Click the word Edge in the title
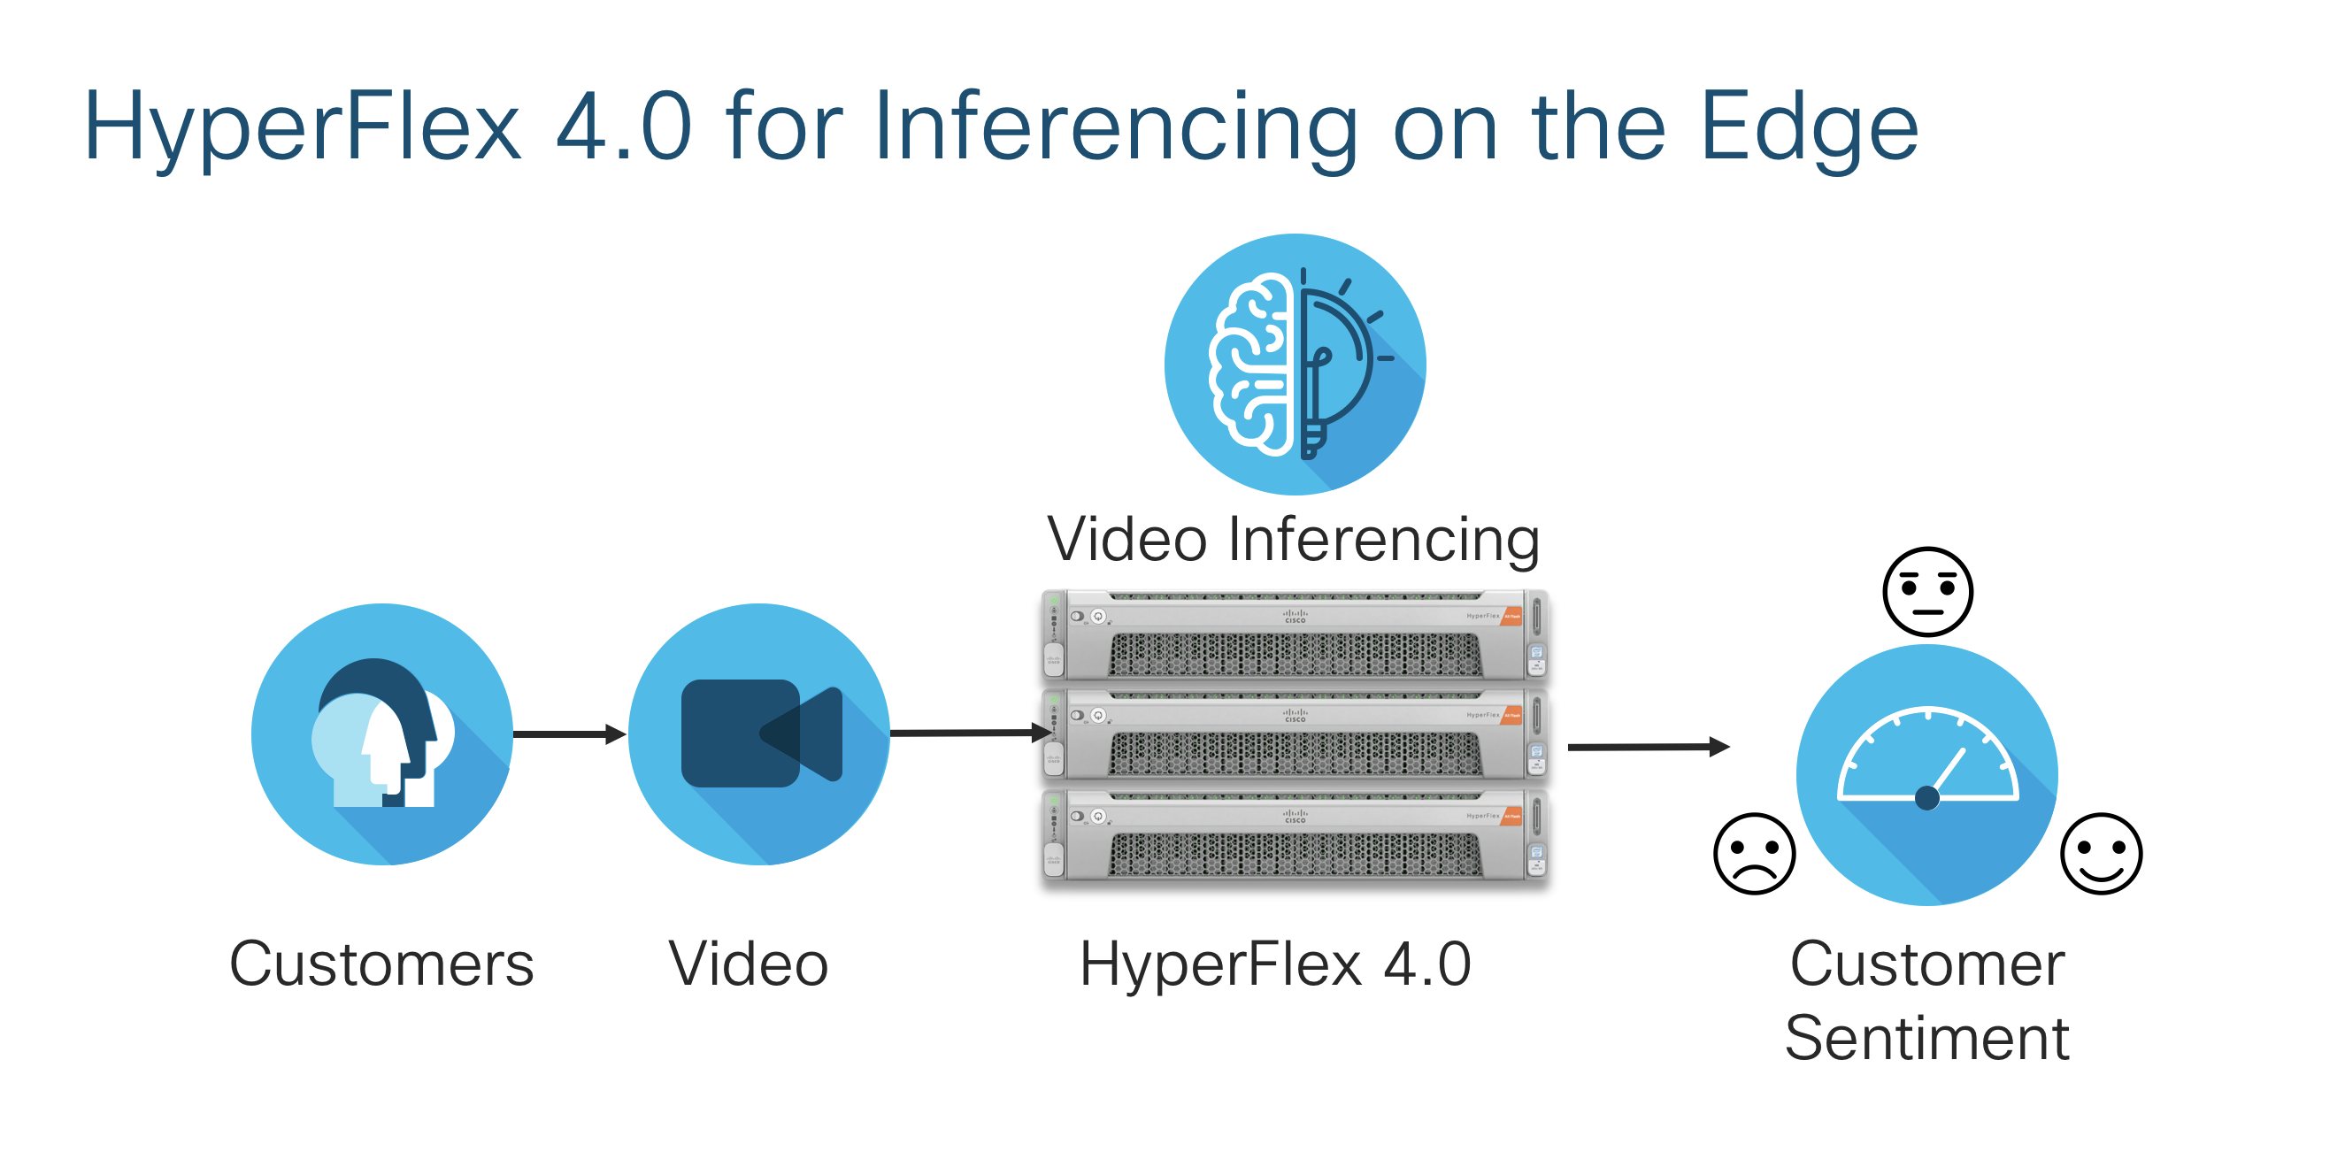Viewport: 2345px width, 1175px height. coord(1809,127)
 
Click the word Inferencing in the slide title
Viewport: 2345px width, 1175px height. coord(1116,127)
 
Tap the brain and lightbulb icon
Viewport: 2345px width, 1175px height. coord(1295,364)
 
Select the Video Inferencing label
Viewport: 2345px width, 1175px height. coord(1294,539)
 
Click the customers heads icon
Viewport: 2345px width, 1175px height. coord(382,733)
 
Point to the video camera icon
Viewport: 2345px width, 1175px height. coord(759,733)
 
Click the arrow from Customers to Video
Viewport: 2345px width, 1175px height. coord(570,733)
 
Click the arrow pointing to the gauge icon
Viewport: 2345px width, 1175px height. coord(1649,748)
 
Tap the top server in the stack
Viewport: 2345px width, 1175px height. coord(1295,635)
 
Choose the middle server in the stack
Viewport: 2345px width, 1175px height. coord(1295,734)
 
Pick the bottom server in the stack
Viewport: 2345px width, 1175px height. coord(1295,834)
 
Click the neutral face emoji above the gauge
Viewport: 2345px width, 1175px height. coord(1928,592)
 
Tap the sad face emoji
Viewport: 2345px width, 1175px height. coord(1754,854)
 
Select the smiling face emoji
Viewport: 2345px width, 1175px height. coord(2101,854)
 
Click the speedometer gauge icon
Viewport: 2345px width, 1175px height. coord(1927,774)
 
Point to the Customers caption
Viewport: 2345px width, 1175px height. coord(381,964)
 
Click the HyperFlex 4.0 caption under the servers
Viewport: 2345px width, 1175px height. coord(1275,964)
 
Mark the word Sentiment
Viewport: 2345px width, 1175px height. coord(1927,1038)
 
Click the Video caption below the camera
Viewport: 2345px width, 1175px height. coord(749,964)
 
